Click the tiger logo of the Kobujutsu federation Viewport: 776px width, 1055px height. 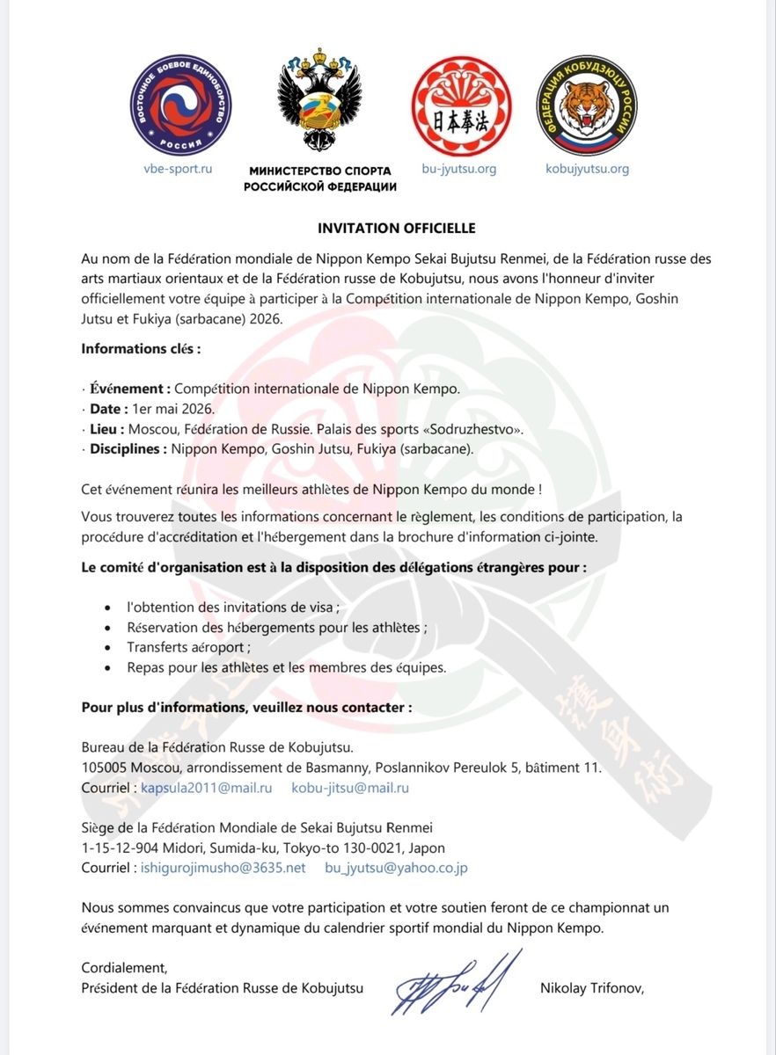click(586, 109)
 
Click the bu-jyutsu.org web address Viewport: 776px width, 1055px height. click(459, 169)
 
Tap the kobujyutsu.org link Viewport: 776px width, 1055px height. click(587, 169)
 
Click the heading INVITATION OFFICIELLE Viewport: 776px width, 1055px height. click(396, 229)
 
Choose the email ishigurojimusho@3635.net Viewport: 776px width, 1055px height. click(223, 868)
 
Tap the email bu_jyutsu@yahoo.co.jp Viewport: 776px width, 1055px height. click(396, 868)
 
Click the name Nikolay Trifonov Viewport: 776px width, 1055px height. click(592, 988)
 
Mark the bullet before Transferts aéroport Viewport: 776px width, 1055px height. click(107, 648)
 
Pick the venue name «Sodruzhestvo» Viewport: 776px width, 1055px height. click(473, 429)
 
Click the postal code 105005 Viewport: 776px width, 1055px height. click(105, 768)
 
